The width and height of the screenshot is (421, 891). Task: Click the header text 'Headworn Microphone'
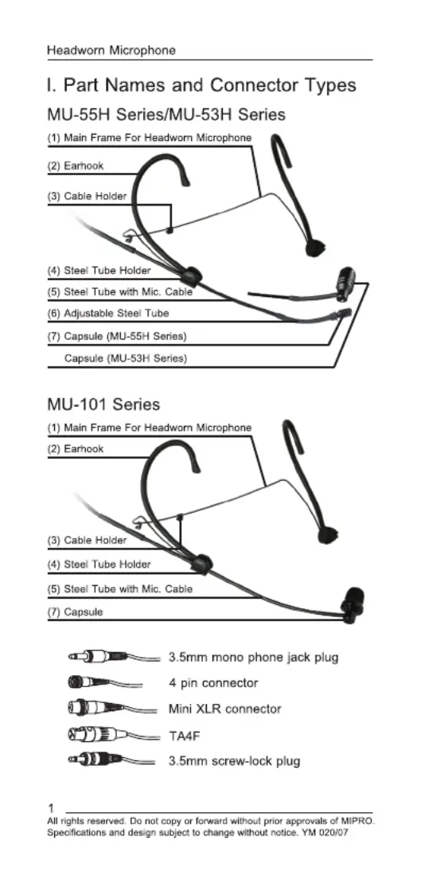[x=111, y=51]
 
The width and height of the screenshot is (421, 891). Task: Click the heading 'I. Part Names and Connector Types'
[x=201, y=85]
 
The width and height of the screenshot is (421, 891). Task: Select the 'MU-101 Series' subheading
[x=103, y=404]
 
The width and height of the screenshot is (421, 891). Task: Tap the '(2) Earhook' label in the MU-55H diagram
[x=76, y=166]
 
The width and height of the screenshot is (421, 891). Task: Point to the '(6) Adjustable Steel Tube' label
[x=108, y=313]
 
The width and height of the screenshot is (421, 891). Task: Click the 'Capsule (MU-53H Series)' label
[x=126, y=358]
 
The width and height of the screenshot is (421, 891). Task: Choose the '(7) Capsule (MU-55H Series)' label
[x=117, y=336]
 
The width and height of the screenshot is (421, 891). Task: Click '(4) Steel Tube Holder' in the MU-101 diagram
[x=99, y=565]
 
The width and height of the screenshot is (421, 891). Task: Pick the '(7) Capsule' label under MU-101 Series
[x=76, y=612]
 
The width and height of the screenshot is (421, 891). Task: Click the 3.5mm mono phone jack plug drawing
[x=114, y=657]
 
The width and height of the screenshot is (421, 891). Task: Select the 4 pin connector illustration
[x=105, y=682]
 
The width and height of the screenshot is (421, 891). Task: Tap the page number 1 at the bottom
[x=51, y=808]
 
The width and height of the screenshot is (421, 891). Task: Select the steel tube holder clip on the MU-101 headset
[x=201, y=564]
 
